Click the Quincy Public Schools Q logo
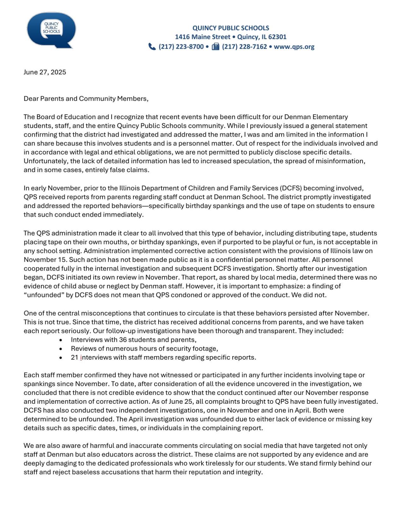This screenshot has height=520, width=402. click(51, 30)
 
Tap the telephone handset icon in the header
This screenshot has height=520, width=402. click(152, 47)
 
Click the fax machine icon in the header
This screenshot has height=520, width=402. click(215, 47)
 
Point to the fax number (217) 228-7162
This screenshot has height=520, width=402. click(244, 47)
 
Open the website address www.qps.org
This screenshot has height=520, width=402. click(294, 47)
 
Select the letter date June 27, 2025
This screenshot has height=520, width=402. click(45, 72)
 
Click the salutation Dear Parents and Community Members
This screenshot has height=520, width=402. click(86, 98)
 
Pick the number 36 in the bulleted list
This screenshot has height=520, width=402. click(123, 340)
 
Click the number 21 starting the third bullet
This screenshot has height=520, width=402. click(74, 357)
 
